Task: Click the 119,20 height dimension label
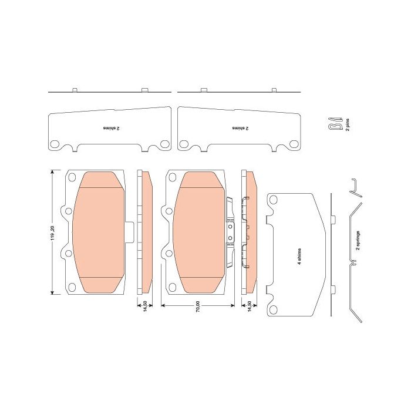53,233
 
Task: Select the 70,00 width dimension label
198,306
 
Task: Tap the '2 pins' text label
348,124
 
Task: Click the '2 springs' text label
358,240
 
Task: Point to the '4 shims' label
299,257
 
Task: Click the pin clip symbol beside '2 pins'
335,123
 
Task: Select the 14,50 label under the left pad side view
144,306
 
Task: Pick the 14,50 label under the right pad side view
250,306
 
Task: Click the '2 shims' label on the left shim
111,128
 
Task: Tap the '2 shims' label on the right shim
240,128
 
